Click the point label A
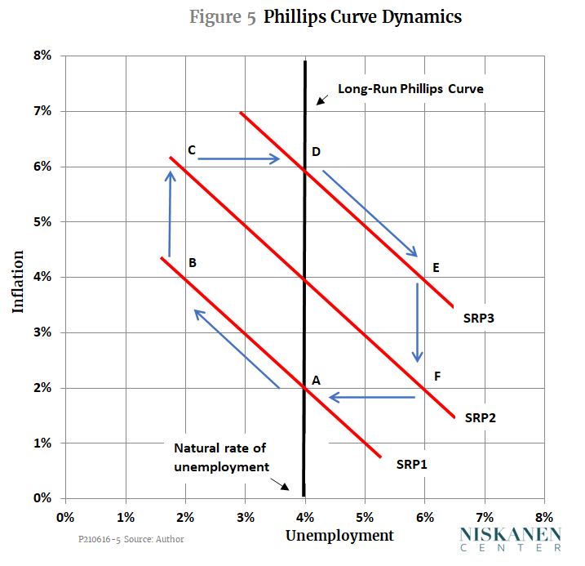point(315,380)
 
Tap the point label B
point(193,263)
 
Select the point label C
point(191,149)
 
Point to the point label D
point(316,151)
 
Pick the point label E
point(437,267)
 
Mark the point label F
point(437,377)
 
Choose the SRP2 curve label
point(481,417)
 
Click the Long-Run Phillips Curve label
point(411,89)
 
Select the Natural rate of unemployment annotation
point(220,457)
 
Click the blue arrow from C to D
point(239,159)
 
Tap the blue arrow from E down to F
point(418,322)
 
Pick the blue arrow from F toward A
point(372,398)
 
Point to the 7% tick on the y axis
point(42,111)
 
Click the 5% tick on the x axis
point(365,517)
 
